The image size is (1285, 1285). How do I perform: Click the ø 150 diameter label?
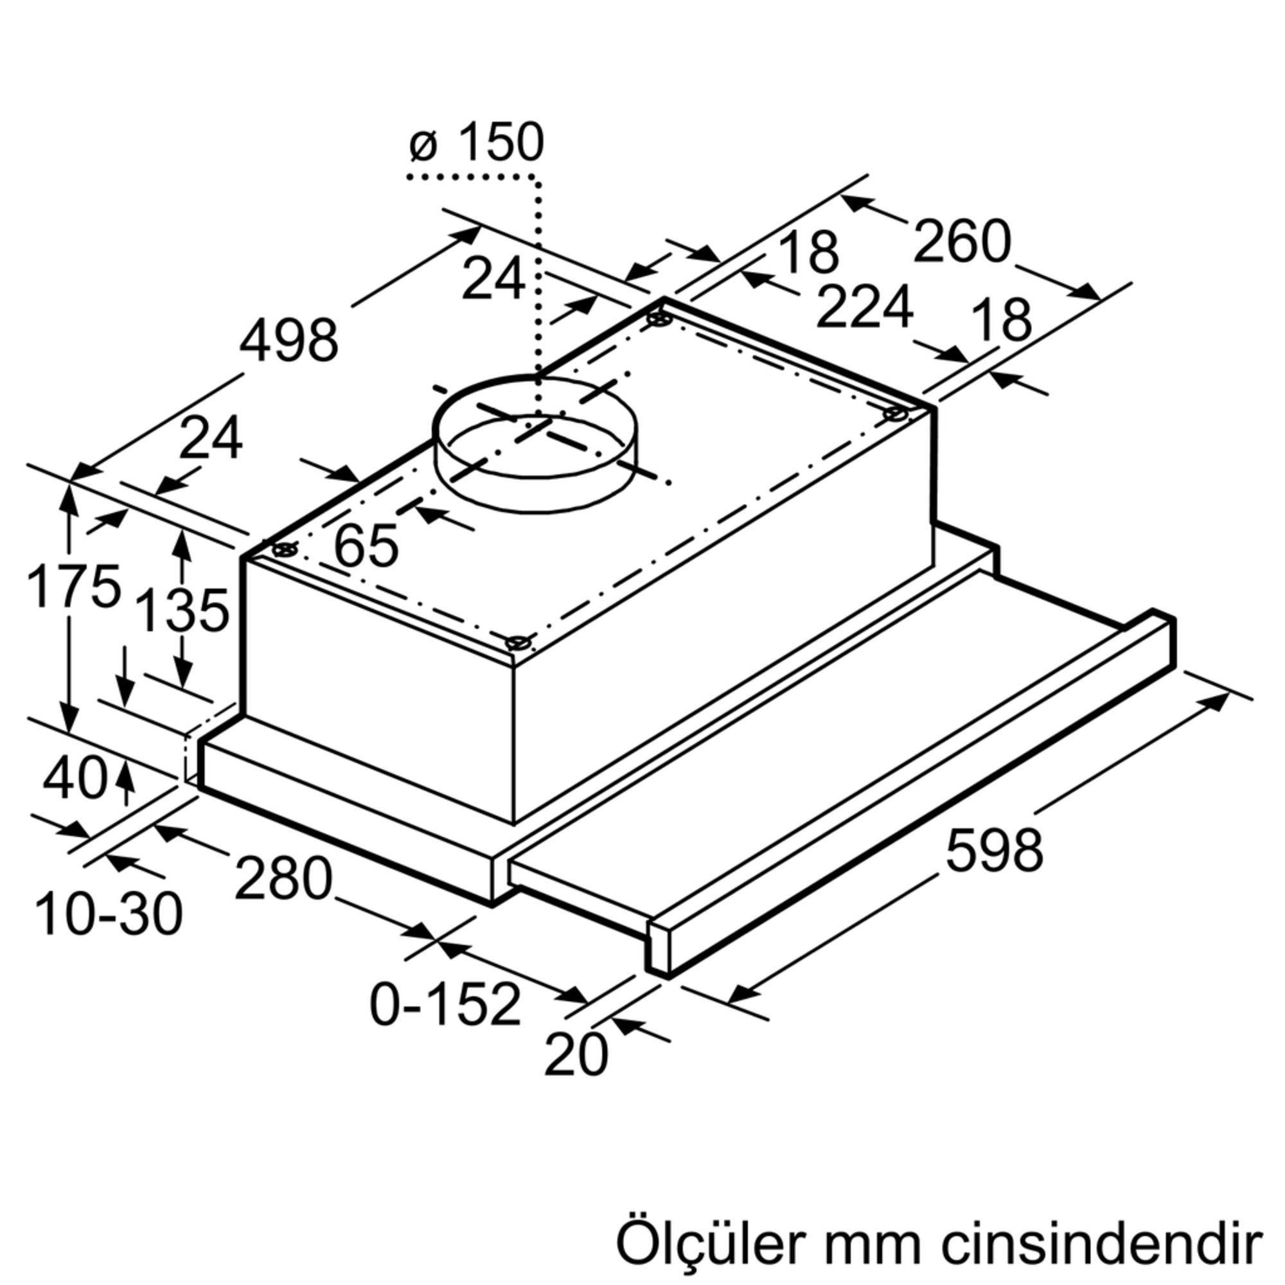click(476, 143)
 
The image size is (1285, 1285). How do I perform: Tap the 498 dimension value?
click(288, 341)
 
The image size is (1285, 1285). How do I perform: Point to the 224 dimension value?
click(864, 306)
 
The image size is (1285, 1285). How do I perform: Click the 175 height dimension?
click(73, 586)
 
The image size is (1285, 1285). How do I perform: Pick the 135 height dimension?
click(182, 610)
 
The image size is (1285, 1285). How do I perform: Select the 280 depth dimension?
click(283, 878)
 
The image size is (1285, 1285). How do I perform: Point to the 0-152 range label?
click(445, 1004)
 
